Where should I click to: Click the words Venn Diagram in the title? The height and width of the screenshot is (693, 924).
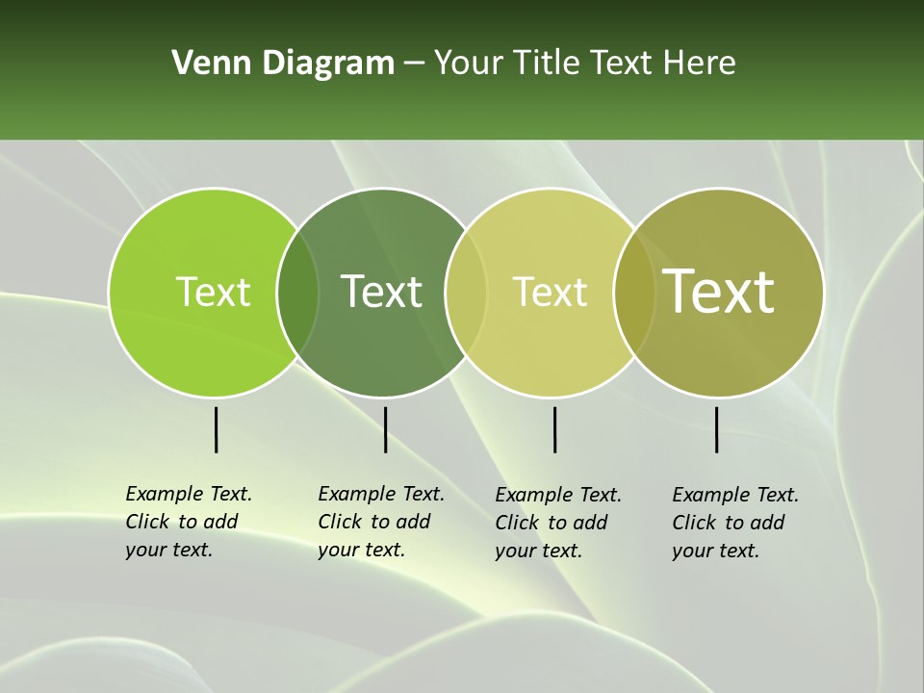click(x=283, y=64)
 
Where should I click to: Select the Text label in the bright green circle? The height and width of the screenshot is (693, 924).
click(x=213, y=292)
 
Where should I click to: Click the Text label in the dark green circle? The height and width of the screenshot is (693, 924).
click(x=381, y=292)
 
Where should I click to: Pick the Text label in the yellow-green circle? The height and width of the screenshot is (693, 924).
click(x=550, y=292)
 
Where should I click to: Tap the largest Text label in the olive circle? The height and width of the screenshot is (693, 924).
click(x=719, y=292)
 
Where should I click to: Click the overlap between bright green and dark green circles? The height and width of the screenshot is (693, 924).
click(x=297, y=293)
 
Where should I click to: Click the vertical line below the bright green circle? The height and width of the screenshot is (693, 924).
click(x=217, y=429)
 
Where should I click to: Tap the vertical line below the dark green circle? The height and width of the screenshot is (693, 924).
click(x=385, y=429)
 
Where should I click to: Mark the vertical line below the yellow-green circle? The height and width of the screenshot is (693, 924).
click(x=554, y=429)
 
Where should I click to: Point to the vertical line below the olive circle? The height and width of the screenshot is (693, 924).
click(x=717, y=429)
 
